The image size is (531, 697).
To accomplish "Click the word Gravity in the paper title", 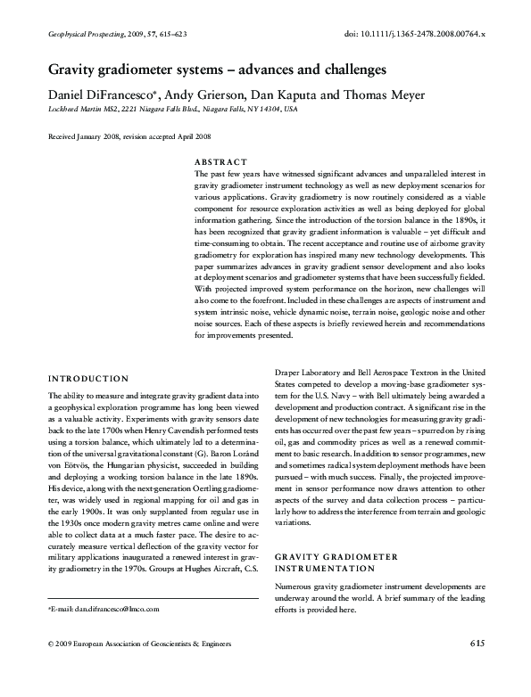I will [78, 68].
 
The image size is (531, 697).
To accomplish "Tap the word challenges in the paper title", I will [342, 68].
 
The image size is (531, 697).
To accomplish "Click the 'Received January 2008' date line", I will [129, 137].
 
